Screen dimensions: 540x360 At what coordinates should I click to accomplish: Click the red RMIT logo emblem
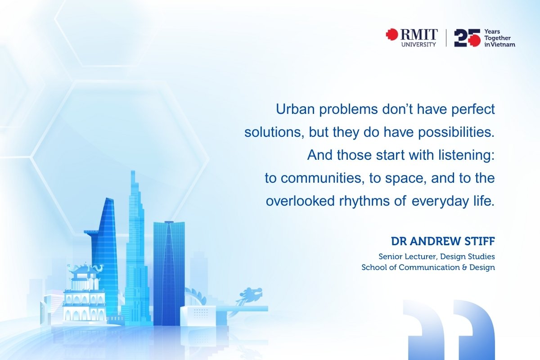tap(392, 34)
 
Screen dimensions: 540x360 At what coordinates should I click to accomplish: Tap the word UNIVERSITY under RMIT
tap(419, 45)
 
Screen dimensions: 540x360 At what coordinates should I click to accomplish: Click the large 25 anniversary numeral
tap(468, 38)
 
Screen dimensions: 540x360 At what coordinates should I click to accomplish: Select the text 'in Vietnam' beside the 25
tap(500, 45)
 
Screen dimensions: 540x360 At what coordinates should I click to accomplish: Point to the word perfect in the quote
tap(473, 109)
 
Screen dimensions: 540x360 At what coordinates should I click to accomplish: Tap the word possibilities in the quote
tap(456, 132)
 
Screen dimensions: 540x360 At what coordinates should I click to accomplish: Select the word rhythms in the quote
tap(364, 201)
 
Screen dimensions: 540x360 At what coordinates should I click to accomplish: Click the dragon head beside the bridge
tap(251, 294)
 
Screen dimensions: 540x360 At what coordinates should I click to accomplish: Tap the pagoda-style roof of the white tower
tap(85, 270)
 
